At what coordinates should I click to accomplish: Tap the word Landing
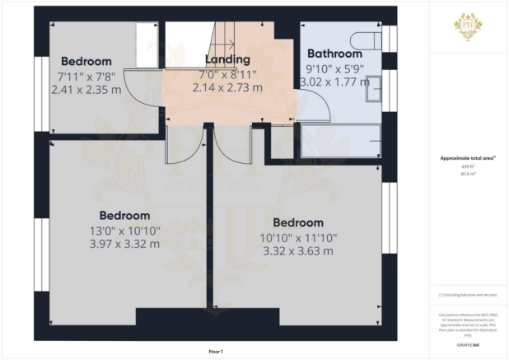tap(228, 59)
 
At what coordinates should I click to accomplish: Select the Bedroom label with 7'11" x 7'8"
tap(86, 61)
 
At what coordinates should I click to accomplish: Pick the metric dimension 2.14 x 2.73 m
tap(228, 87)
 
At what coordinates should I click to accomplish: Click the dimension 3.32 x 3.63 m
tap(298, 250)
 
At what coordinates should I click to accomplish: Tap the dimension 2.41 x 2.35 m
tap(86, 89)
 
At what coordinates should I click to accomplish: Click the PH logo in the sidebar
tap(469, 26)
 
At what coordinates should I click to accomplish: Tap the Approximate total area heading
tap(468, 160)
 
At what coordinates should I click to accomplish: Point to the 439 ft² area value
tap(468, 167)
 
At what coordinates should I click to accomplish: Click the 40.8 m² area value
tap(468, 174)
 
